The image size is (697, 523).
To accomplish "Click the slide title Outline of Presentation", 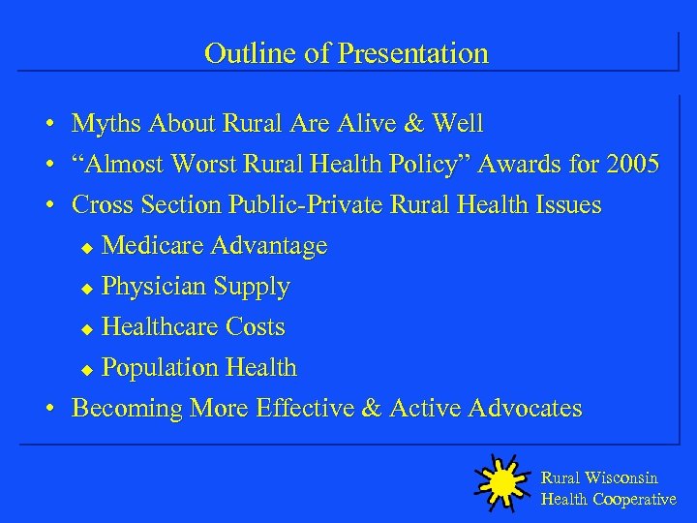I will (347, 53).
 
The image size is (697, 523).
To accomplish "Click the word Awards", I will (522, 165).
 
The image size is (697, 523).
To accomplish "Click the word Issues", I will (566, 205).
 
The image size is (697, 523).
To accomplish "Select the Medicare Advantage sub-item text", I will (214, 246).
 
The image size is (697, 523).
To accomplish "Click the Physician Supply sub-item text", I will (196, 287).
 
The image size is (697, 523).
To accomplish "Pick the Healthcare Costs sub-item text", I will (193, 327).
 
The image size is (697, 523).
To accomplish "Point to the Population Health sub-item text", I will (198, 368).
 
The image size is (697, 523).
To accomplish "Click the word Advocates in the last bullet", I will (525, 409).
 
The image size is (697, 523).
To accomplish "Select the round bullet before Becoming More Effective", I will (47, 410).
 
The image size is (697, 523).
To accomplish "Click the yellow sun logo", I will (500, 481).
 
